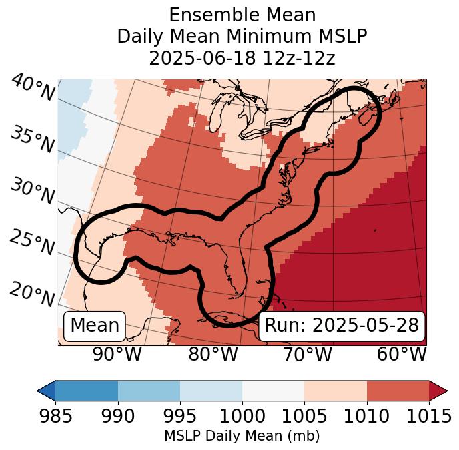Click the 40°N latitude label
point(33,88)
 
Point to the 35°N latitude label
point(32,139)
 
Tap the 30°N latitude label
point(32,192)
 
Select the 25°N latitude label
point(32,243)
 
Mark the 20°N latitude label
point(32,293)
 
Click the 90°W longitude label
point(117,355)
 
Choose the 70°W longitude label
point(308,355)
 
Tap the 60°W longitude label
point(402,355)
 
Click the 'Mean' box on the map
point(95,326)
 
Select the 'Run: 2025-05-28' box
point(342,326)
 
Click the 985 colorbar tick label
point(55,416)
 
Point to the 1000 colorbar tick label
point(242,416)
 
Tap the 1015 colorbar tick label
point(428,416)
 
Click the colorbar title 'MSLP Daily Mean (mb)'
point(242,436)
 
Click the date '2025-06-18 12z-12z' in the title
point(242,58)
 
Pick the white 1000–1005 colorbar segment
point(273,391)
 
